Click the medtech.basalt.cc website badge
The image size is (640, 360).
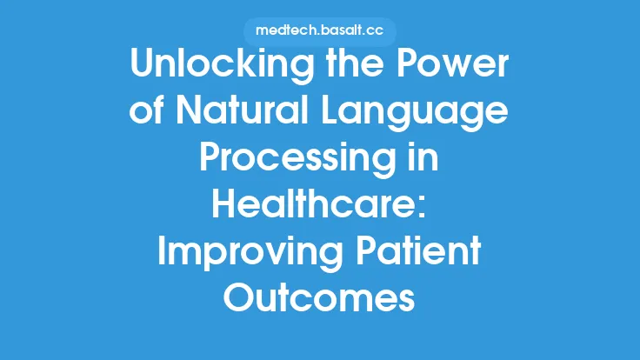coord(320,30)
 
